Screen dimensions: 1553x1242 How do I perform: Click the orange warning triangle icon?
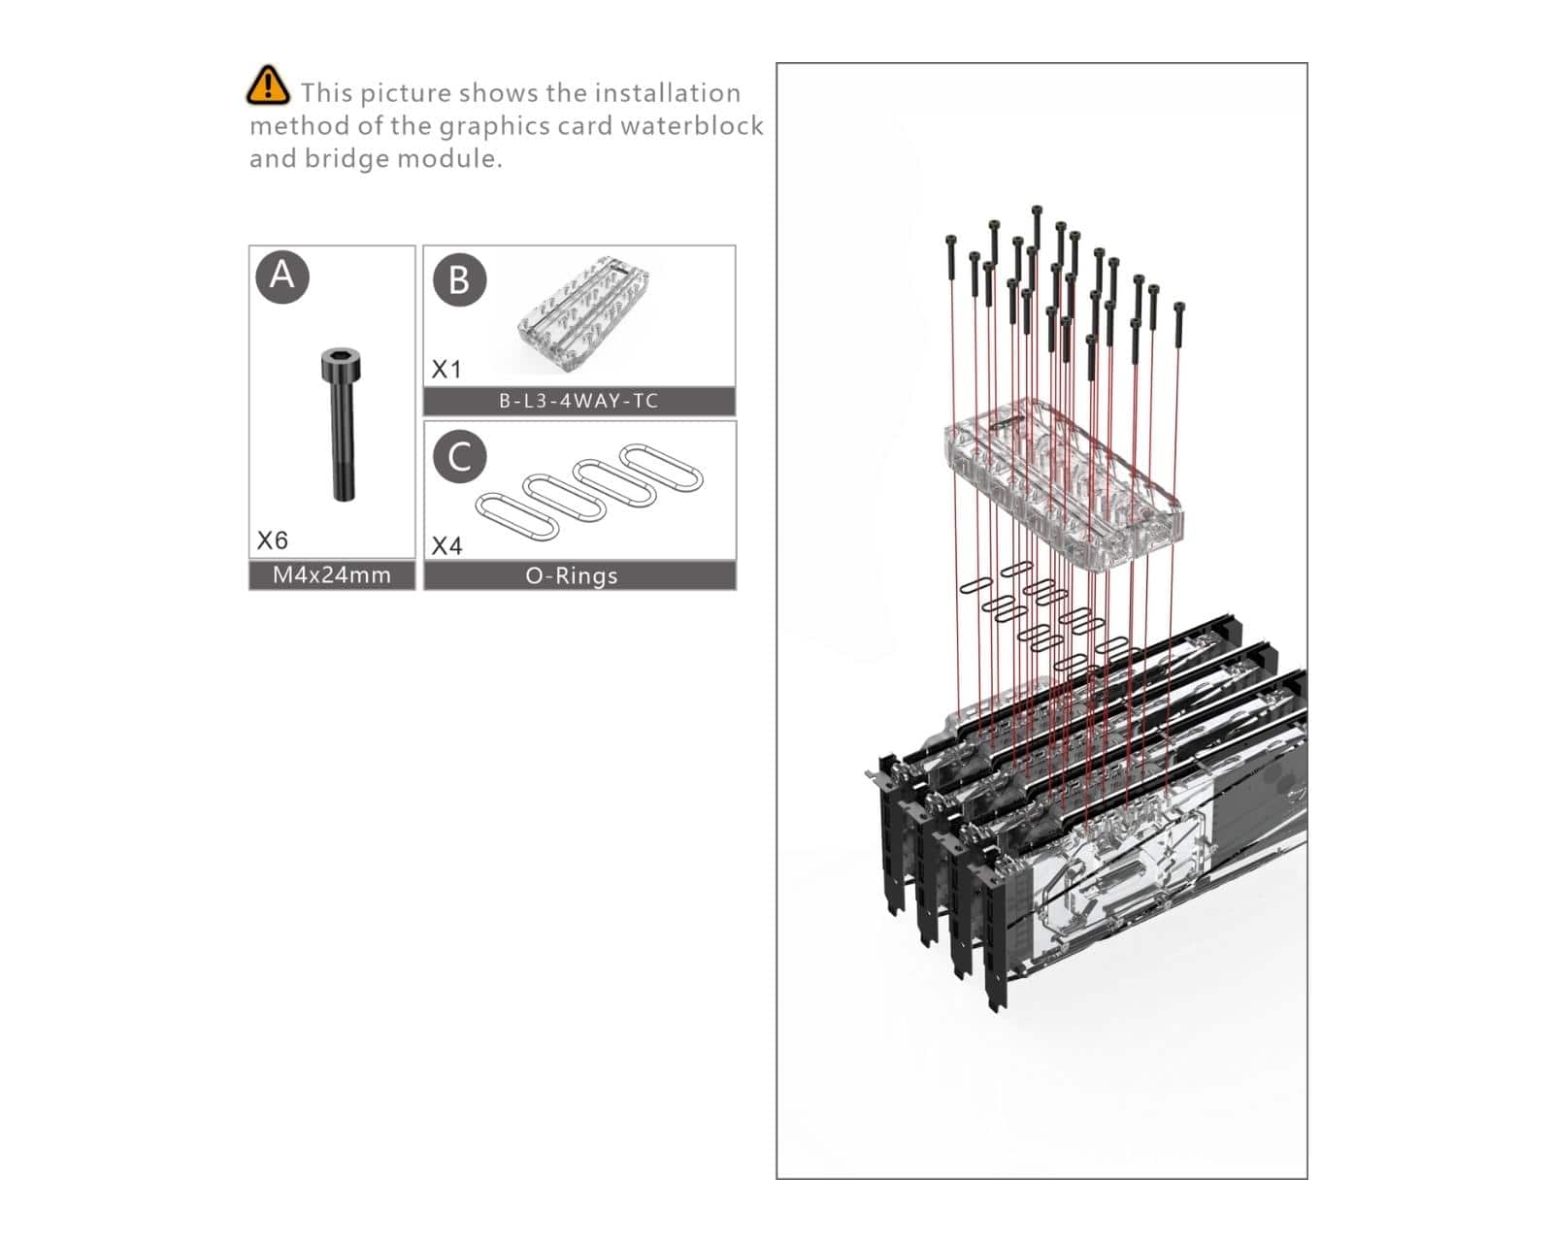(x=268, y=86)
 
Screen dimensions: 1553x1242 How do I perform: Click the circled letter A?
(x=282, y=277)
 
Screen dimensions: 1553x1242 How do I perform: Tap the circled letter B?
(x=460, y=280)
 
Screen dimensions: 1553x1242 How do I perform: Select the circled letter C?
(x=460, y=456)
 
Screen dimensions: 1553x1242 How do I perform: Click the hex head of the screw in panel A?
(x=341, y=364)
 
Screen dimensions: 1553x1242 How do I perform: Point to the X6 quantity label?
(x=273, y=539)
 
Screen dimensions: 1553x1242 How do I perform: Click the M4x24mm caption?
(x=332, y=575)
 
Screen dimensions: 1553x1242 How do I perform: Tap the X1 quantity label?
(x=446, y=370)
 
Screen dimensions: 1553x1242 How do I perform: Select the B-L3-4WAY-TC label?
(x=578, y=401)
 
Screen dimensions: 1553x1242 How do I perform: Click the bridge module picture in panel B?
(x=583, y=314)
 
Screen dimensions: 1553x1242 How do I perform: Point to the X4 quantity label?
(x=446, y=545)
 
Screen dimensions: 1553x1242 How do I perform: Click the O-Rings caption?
(x=572, y=576)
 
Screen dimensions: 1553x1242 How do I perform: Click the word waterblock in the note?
(x=691, y=125)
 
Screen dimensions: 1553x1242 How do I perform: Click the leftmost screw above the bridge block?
(x=951, y=257)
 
